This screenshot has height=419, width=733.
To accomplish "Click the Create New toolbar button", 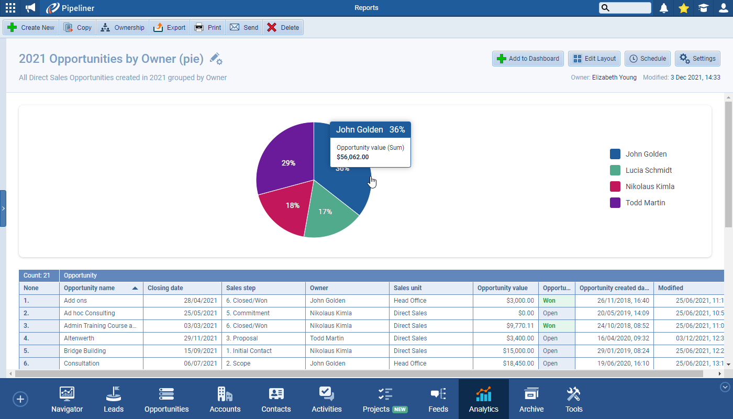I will pyautogui.click(x=31, y=28).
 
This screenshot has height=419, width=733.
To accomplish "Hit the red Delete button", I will pyautogui.click(x=283, y=28).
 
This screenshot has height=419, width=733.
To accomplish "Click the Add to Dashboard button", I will pyautogui.click(x=528, y=59).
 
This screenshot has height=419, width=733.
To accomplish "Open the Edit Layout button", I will pyautogui.click(x=594, y=59).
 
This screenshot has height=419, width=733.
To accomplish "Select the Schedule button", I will pyautogui.click(x=648, y=59).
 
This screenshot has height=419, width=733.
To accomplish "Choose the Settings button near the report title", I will pyautogui.click(x=697, y=59).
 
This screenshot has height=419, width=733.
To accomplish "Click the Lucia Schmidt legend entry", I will pyautogui.click(x=648, y=170).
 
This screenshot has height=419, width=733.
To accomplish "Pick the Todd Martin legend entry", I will pyautogui.click(x=645, y=203).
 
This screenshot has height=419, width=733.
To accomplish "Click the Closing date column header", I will pyautogui.click(x=165, y=288).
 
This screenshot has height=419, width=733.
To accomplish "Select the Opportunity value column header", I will pyautogui.click(x=502, y=288).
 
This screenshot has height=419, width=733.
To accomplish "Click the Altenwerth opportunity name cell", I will pyautogui.click(x=79, y=338).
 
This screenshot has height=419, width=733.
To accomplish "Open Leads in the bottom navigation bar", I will pyautogui.click(x=114, y=400).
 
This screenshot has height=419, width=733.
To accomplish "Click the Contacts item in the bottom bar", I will pyautogui.click(x=276, y=400).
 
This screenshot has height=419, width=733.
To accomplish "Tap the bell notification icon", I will pyautogui.click(x=664, y=8).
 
